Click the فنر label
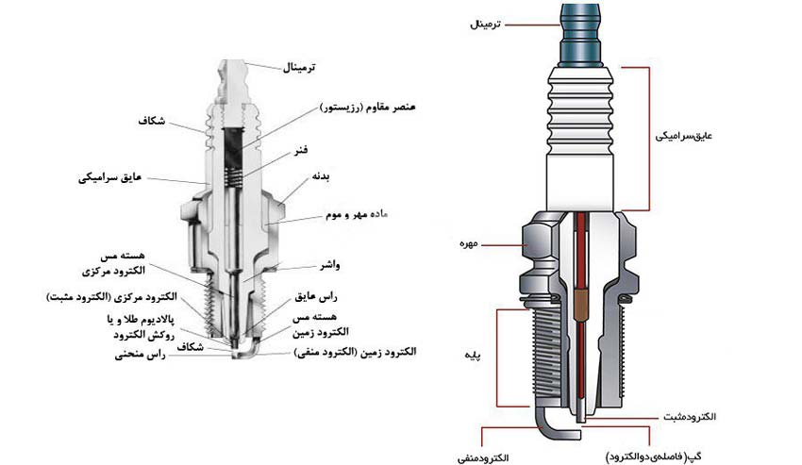tap(305, 149)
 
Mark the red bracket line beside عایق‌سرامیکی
tap(646, 137)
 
